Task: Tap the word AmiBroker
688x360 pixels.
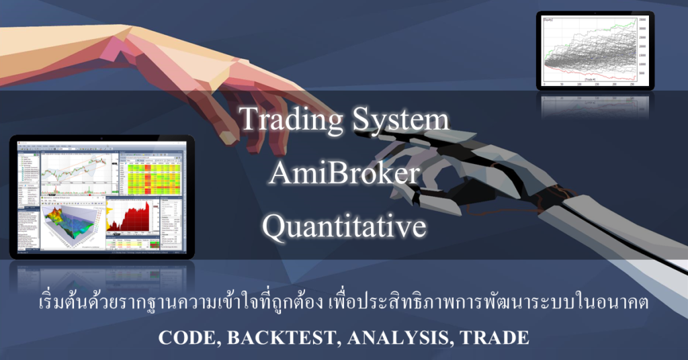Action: coord(344,174)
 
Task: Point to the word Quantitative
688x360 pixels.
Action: coord(344,227)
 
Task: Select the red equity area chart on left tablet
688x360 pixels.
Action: coord(128,219)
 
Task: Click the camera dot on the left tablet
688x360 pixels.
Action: coord(101,139)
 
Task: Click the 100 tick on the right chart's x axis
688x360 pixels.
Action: coord(579,85)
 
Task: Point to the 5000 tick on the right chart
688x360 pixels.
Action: coord(642,75)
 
